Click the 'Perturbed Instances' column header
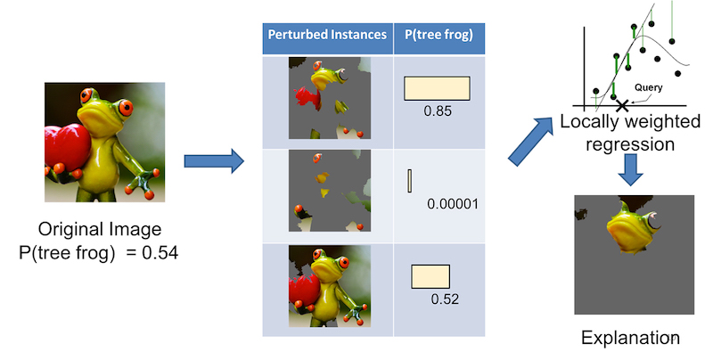[x=327, y=35]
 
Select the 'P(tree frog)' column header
[x=438, y=35]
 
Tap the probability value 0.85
[x=438, y=110]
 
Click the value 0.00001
[x=453, y=204]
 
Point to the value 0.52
[x=445, y=299]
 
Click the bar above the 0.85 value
[x=437, y=88]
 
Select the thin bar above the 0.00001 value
[x=410, y=181]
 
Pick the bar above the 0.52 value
[x=430, y=276]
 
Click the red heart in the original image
[x=65, y=147]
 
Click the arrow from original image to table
[x=214, y=161]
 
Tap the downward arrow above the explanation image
[x=630, y=169]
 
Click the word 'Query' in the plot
[x=649, y=87]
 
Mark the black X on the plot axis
[x=622, y=106]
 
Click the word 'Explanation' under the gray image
[x=630, y=339]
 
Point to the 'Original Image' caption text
[x=100, y=229]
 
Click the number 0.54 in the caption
[x=160, y=253]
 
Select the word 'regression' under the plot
[x=630, y=144]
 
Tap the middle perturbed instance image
[x=330, y=191]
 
